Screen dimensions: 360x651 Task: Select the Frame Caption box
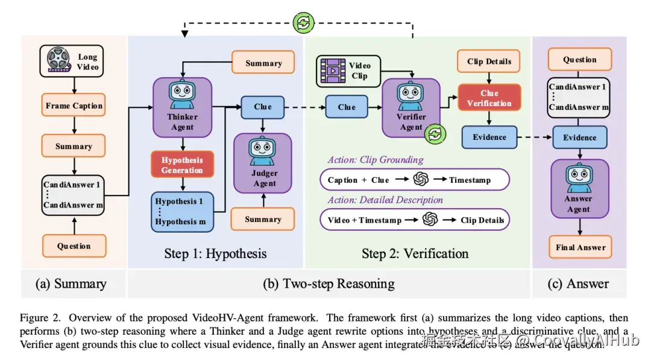(x=74, y=106)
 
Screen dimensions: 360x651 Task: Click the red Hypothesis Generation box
(x=182, y=165)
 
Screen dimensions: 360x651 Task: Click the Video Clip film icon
(x=332, y=71)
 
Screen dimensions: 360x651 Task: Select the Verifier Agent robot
(x=411, y=95)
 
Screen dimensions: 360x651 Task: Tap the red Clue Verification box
(x=489, y=98)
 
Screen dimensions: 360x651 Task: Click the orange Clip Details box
(x=489, y=62)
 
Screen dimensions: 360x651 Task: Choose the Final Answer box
(x=579, y=247)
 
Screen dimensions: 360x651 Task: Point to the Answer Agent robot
(x=579, y=179)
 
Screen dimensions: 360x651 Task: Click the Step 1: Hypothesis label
(x=215, y=253)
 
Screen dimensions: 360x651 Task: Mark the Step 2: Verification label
(x=415, y=253)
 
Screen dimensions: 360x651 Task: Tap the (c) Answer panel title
(x=579, y=283)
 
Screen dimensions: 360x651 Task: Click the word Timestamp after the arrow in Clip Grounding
(x=470, y=180)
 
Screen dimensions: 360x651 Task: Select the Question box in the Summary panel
(x=74, y=246)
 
